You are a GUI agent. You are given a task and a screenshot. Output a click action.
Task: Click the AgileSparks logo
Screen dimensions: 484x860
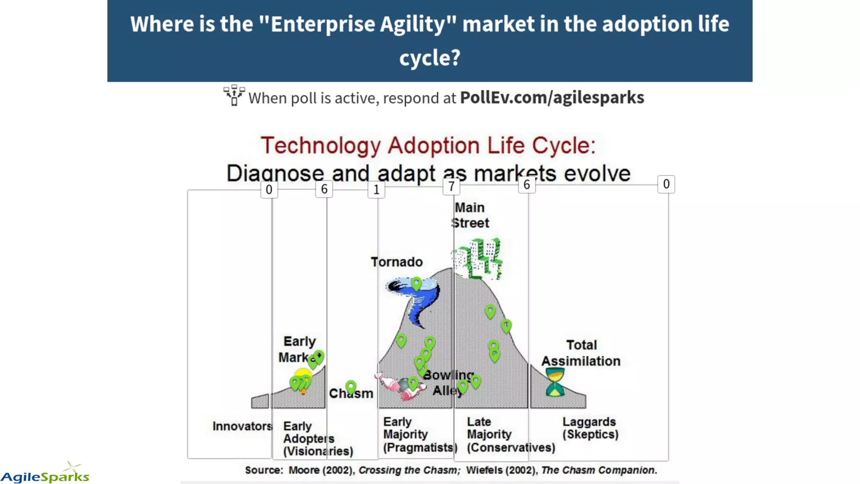45,474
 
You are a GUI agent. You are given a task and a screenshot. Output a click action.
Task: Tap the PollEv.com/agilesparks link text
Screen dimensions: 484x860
552,97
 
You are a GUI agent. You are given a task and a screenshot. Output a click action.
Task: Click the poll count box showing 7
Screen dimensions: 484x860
451,186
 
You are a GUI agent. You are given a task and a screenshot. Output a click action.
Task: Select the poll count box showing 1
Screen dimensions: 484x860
376,190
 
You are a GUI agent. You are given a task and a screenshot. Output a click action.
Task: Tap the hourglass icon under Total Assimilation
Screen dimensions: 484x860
555,382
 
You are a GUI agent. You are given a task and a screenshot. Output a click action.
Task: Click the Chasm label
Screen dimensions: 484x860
351,394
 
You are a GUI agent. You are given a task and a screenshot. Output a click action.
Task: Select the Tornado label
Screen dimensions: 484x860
396,262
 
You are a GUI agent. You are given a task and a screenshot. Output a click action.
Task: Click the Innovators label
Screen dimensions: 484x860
242,426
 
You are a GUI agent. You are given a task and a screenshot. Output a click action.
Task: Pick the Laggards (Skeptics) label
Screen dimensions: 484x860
590,428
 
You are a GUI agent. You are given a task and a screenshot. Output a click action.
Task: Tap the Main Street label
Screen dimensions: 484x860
470,215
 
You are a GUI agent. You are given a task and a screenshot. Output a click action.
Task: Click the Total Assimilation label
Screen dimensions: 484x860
581,353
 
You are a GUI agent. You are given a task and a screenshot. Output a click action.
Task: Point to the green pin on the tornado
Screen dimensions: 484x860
416,284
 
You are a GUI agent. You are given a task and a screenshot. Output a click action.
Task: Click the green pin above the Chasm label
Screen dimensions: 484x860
351,387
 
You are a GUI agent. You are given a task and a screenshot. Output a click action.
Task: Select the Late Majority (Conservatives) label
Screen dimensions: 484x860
511,434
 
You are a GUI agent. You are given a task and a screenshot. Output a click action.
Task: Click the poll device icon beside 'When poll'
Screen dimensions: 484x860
234,95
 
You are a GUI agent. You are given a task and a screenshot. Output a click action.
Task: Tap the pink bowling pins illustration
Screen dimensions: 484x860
395,387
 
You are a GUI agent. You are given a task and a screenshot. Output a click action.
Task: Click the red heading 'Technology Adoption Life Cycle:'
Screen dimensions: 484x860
428,145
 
